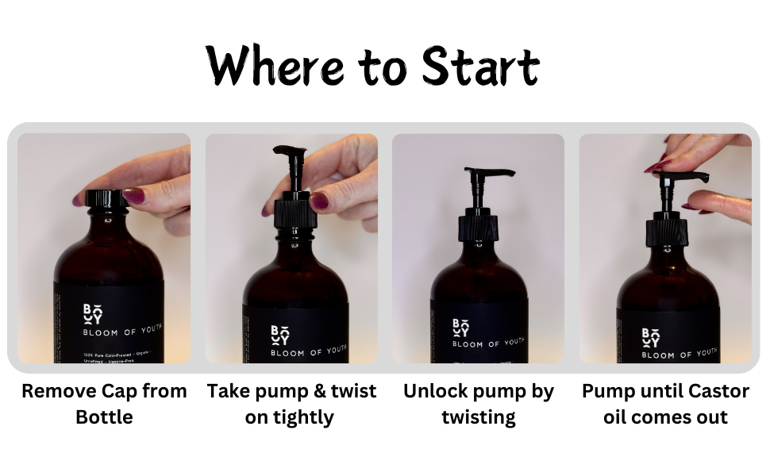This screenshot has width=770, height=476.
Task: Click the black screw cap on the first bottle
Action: pos(106,198)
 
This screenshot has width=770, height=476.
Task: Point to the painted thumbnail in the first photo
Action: pos(133,195)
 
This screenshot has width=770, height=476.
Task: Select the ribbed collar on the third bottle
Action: pos(478,228)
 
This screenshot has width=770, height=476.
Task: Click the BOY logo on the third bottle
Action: pos(460,327)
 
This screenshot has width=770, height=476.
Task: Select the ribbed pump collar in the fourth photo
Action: pos(666,232)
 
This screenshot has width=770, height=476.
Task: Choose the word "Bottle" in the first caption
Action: pos(104,416)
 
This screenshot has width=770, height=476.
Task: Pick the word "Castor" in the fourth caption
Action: pos(710,391)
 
